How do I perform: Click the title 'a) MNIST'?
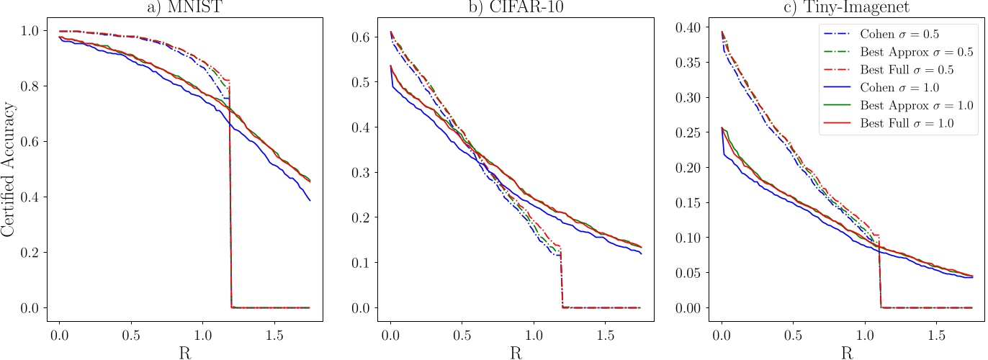point(184,8)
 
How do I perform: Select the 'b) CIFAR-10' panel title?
point(515,8)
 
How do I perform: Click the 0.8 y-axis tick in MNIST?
point(33,86)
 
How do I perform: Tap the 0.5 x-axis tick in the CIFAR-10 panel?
point(462,336)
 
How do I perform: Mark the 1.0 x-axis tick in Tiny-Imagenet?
point(864,336)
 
